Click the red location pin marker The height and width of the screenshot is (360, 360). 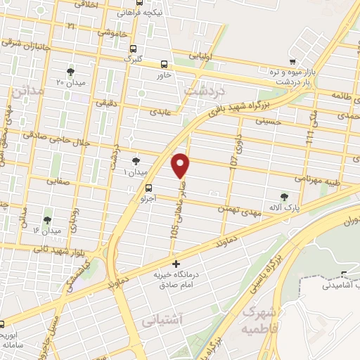182,165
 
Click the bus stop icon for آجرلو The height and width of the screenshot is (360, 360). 149,188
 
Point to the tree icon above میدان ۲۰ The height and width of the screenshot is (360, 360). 70,72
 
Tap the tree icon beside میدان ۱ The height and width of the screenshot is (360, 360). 136,162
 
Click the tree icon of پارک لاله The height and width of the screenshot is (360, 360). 284,197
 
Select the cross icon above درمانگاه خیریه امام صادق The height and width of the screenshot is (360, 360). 175,264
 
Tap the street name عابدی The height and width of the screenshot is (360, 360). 156,111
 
